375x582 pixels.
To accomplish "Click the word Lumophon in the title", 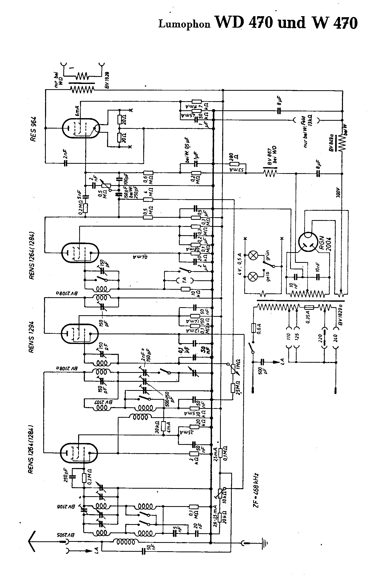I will pyautogui.click(x=184, y=24).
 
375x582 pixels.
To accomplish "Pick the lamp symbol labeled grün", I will pyautogui.click(x=252, y=256).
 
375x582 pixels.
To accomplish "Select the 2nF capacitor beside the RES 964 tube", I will pyautogui.click(x=66, y=163).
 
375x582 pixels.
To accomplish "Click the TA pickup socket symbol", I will pyautogui.click(x=185, y=280).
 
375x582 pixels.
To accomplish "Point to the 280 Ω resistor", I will pyautogui.click(x=234, y=164).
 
